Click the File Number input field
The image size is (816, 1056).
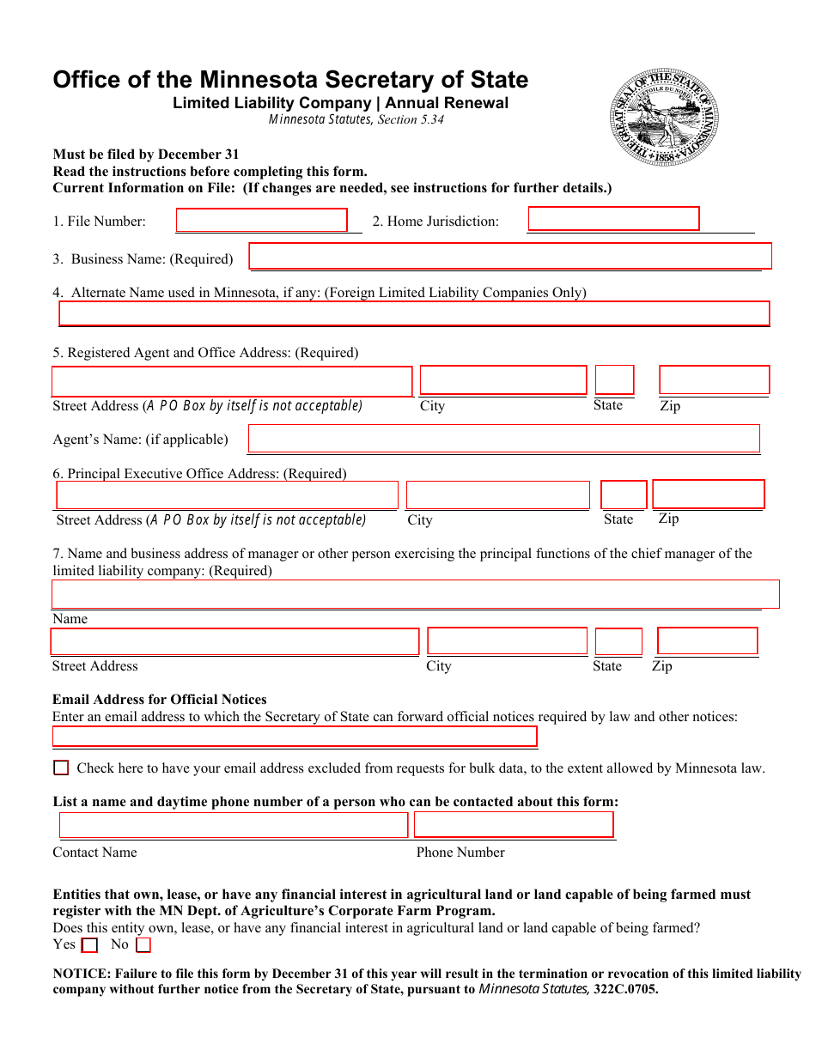coord(262,221)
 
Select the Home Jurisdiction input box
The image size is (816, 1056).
coord(613,219)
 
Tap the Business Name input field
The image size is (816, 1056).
coord(510,256)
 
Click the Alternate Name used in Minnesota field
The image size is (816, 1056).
coord(414,313)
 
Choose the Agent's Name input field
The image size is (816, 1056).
coord(504,439)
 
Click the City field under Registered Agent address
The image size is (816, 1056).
coord(503,380)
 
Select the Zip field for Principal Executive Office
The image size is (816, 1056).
coord(709,495)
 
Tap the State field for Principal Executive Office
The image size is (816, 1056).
coord(624,495)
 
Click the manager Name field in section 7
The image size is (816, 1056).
coord(416,594)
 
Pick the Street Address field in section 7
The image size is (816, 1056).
coord(234,642)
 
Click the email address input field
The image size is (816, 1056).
coord(295,737)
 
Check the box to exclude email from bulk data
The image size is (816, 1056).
coord(61,768)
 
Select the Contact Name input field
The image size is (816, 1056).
coord(234,825)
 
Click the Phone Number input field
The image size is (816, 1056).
coord(514,825)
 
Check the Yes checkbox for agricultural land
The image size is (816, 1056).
coord(89,945)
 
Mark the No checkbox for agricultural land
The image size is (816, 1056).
coord(143,945)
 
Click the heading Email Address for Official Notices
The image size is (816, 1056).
coord(160,700)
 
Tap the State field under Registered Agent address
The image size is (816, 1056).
coord(615,379)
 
